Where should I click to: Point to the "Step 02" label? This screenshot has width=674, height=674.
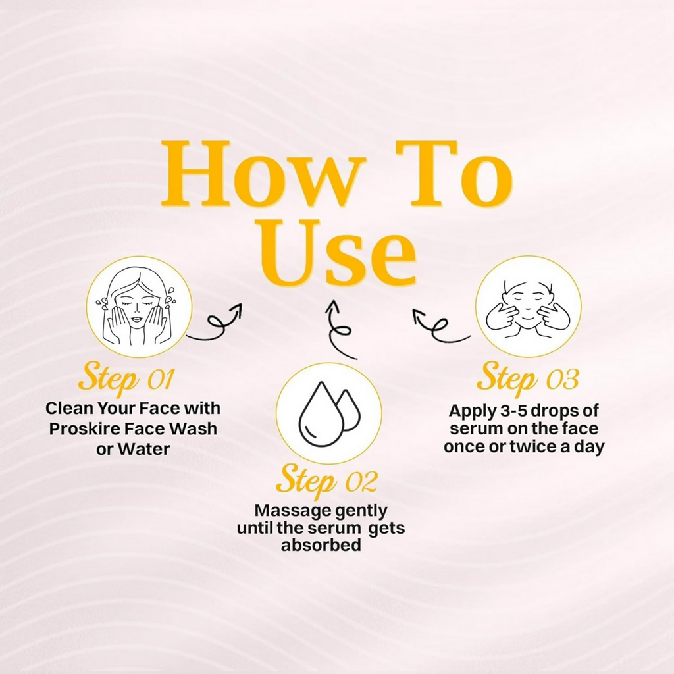pos(327,480)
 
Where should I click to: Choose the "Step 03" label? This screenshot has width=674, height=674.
pos(529,378)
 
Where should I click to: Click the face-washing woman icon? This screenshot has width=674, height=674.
pos(139,307)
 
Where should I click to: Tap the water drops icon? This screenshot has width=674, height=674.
pos(329,413)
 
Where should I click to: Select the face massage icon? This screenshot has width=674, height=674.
pos(529,307)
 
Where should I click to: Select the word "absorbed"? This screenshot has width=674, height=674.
pos(321,544)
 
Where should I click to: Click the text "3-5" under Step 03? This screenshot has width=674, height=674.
pos(513,411)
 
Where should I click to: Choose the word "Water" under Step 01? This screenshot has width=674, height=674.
pos(143,449)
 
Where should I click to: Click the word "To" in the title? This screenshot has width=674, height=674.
pos(454,174)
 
